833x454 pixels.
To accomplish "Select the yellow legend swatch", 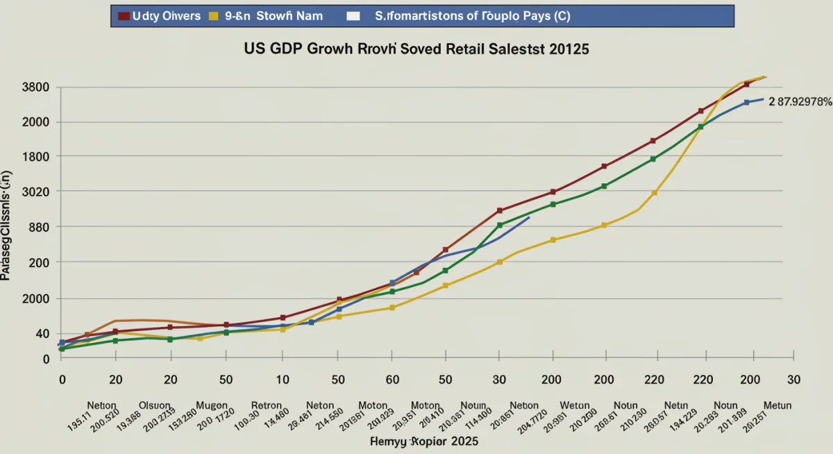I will coord(214,16).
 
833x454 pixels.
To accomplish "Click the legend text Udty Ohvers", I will coord(166,16).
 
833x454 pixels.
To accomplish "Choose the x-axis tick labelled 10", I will coord(282,380).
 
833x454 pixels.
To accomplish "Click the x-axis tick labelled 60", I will coord(392,380).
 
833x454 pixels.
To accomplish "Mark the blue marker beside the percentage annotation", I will coord(747,103).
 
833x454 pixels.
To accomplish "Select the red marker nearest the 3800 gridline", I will coord(747,84).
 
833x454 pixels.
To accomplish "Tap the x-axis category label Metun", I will coord(777,405).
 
